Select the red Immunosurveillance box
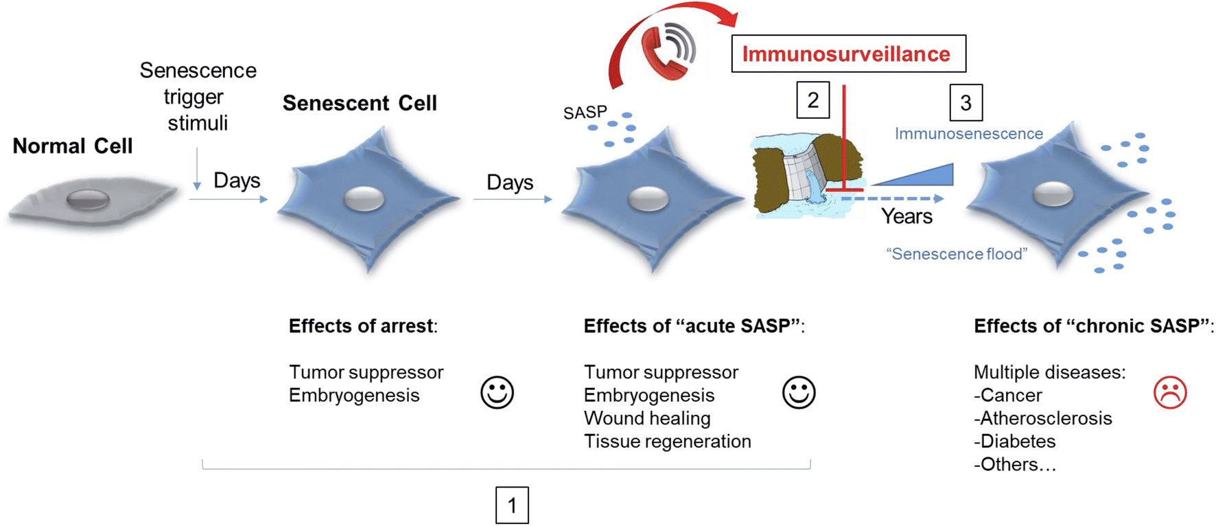click(x=848, y=54)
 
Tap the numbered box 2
click(x=812, y=100)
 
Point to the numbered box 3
click(x=966, y=102)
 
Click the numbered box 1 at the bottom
click(x=512, y=505)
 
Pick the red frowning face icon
click(x=1170, y=393)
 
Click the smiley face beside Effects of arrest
click(x=497, y=393)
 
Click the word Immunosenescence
click(x=968, y=134)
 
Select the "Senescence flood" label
click(x=957, y=254)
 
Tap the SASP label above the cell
click(x=585, y=113)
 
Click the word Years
click(x=907, y=216)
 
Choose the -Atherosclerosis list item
click(x=1042, y=418)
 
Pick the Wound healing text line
click(x=646, y=418)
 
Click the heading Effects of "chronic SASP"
click(x=1092, y=325)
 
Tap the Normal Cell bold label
click(x=73, y=146)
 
